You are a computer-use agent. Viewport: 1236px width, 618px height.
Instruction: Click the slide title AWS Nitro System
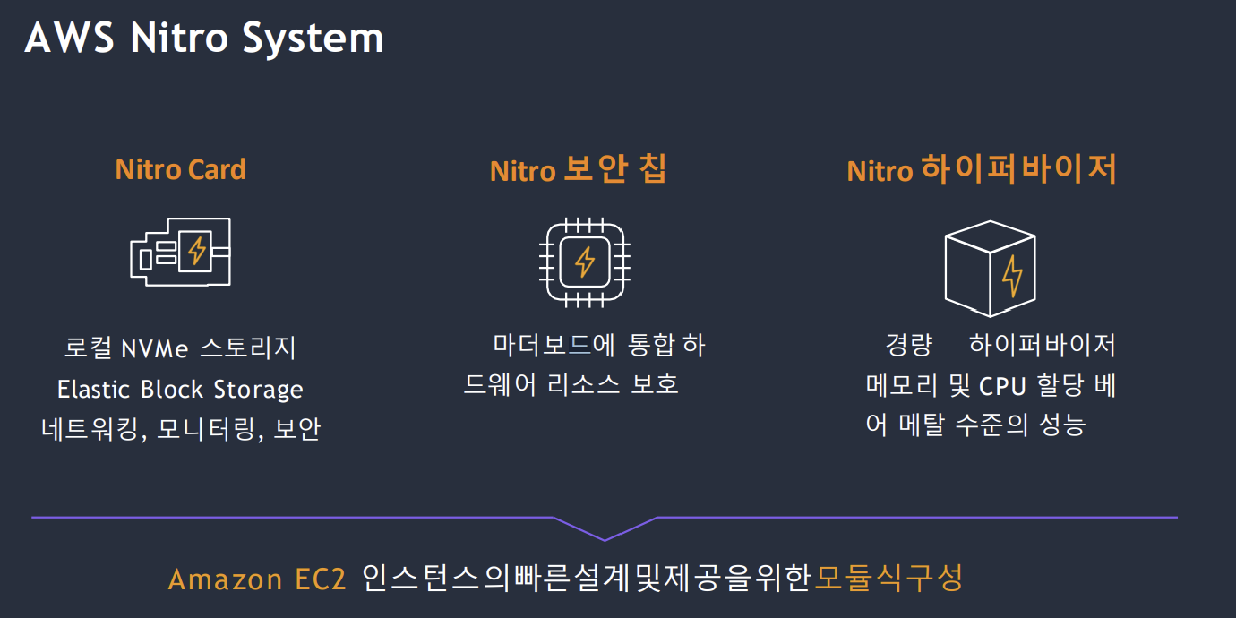click(x=204, y=39)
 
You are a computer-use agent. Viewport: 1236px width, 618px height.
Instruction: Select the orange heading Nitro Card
click(x=180, y=169)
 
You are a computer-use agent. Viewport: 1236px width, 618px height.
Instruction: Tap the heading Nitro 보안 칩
click(x=579, y=169)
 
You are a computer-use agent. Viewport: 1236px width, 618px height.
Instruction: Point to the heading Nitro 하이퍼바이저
click(x=982, y=169)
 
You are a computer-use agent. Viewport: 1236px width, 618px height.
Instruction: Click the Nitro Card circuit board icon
click(x=181, y=252)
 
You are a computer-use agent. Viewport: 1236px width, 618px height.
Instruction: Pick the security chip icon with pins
click(x=585, y=262)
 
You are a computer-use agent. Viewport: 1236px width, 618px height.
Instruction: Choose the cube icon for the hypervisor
click(x=990, y=270)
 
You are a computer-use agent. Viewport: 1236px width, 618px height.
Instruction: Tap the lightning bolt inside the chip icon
click(x=585, y=262)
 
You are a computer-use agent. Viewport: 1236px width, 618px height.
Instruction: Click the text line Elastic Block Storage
click(x=180, y=390)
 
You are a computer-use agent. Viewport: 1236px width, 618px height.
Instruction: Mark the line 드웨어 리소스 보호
click(x=571, y=385)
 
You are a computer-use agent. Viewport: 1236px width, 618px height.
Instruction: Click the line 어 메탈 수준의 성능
click(x=975, y=425)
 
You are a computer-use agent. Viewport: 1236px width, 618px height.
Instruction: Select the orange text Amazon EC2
click(x=257, y=579)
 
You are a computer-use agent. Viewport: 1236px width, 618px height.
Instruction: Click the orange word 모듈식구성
click(x=888, y=579)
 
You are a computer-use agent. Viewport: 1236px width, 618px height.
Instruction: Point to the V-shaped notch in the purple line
click(x=605, y=538)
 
